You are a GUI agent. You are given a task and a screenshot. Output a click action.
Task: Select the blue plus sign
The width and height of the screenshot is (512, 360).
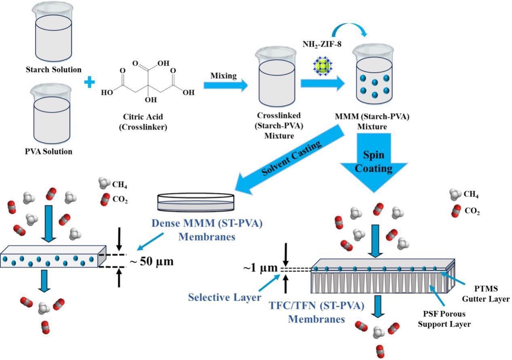(89, 83)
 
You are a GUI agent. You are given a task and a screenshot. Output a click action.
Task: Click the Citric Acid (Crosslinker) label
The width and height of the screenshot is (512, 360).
(143, 122)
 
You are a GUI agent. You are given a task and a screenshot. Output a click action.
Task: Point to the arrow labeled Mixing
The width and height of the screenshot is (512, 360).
(225, 85)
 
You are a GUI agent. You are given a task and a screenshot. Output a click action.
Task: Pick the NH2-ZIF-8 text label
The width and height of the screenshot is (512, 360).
(322, 44)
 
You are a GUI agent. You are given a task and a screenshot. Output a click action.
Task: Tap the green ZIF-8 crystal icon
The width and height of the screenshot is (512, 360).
(323, 66)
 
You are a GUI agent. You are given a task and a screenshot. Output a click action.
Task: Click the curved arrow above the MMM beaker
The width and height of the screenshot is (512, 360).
(349, 29)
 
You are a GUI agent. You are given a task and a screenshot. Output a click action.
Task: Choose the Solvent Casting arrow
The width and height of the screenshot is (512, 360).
(291, 160)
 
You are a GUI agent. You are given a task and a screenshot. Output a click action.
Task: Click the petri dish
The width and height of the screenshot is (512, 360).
(196, 202)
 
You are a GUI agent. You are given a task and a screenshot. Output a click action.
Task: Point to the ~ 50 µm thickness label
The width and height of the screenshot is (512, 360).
(152, 261)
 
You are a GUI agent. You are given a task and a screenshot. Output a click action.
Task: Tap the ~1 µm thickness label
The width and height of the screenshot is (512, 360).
(261, 268)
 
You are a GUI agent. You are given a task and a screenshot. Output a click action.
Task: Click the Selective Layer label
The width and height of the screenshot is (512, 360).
(225, 297)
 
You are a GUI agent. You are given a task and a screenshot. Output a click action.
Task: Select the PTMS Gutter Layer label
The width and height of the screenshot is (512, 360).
(486, 294)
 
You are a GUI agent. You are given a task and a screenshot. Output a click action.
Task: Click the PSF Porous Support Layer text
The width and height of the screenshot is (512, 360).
(444, 319)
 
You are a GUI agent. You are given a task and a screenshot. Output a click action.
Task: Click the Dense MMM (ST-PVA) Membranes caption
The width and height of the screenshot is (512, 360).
(207, 230)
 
